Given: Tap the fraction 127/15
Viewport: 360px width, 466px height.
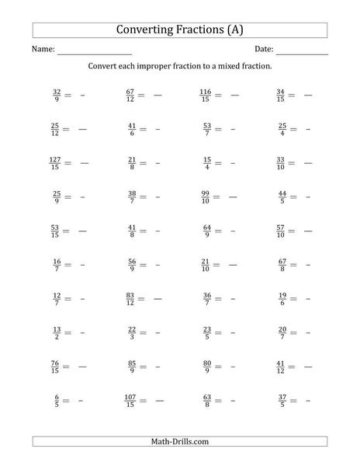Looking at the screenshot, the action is (54, 162).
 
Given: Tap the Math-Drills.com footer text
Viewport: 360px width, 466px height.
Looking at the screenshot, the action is (179, 442).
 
